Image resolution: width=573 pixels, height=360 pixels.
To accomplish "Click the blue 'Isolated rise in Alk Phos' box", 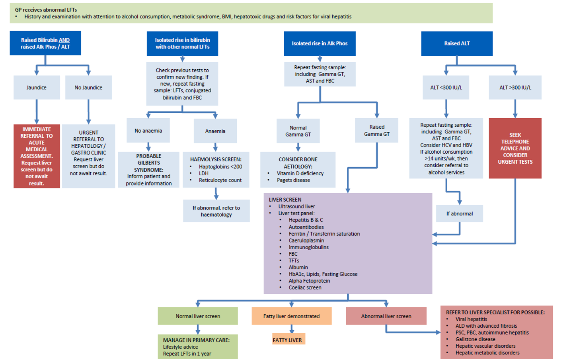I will point(320,43).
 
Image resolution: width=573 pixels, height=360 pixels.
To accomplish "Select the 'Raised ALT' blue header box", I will point(457,43).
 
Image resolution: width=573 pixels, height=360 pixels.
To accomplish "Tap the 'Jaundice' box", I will point(37,88).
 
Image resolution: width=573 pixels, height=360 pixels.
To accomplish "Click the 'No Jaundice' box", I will point(88,88).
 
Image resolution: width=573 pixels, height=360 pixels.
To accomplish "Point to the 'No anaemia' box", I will point(148,131).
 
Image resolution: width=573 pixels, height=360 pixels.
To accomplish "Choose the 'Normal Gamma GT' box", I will point(298,131).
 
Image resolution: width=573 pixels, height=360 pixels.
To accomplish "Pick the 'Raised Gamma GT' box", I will point(377,130).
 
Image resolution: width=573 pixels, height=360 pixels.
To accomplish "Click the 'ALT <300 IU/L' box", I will point(446,88).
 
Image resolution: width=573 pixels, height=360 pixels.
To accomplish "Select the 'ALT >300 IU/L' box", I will point(515,88).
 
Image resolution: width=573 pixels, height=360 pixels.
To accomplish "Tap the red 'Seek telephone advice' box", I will point(515,148).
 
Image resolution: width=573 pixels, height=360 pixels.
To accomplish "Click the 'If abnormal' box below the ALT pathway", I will point(460,213).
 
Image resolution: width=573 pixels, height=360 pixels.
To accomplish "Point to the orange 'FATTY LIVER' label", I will point(288,340).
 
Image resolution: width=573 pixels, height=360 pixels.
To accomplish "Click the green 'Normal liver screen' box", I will point(198,316).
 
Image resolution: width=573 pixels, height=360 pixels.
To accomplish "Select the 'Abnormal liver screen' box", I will point(386,316).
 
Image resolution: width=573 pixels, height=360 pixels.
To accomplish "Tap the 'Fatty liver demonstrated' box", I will point(291,316).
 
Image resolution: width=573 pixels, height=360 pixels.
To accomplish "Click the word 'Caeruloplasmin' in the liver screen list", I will point(306,241).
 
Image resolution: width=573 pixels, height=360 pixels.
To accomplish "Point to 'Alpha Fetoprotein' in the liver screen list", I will point(309,281).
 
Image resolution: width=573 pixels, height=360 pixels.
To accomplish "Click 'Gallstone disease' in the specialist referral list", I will point(476,339).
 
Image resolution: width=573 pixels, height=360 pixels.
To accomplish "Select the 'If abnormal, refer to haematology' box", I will point(216,211).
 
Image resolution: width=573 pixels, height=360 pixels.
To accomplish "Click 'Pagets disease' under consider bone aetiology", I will point(293,180).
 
